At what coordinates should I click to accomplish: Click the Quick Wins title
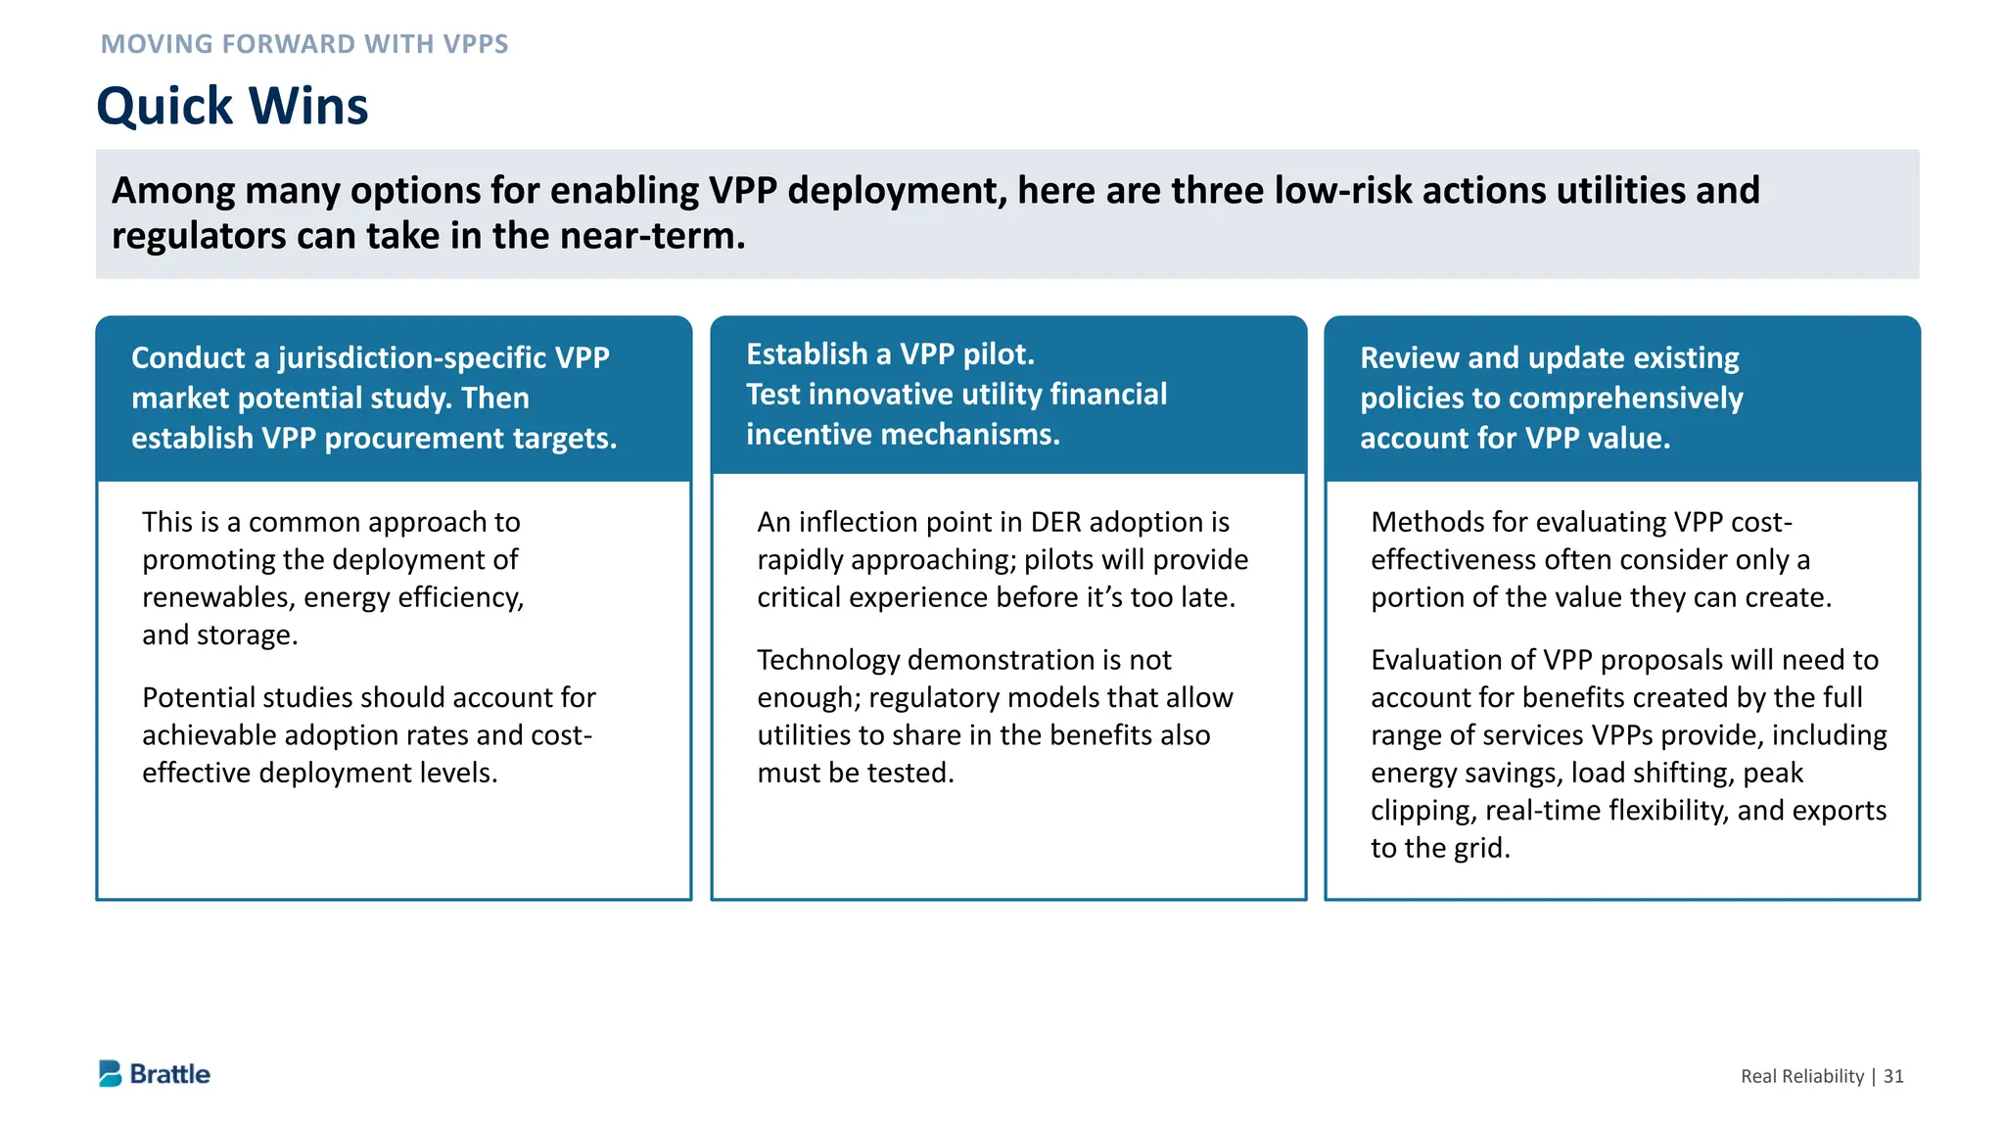pos(232,106)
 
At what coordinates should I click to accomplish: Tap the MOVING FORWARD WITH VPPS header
pos(304,44)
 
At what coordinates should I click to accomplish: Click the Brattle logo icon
pos(110,1073)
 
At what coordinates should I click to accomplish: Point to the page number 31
pos(1893,1076)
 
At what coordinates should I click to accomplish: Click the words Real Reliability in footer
pos(1801,1076)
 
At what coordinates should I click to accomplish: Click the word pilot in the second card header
pos(998,354)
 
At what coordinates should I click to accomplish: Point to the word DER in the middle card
pos(1055,522)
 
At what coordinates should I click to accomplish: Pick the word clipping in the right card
pos(1422,811)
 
